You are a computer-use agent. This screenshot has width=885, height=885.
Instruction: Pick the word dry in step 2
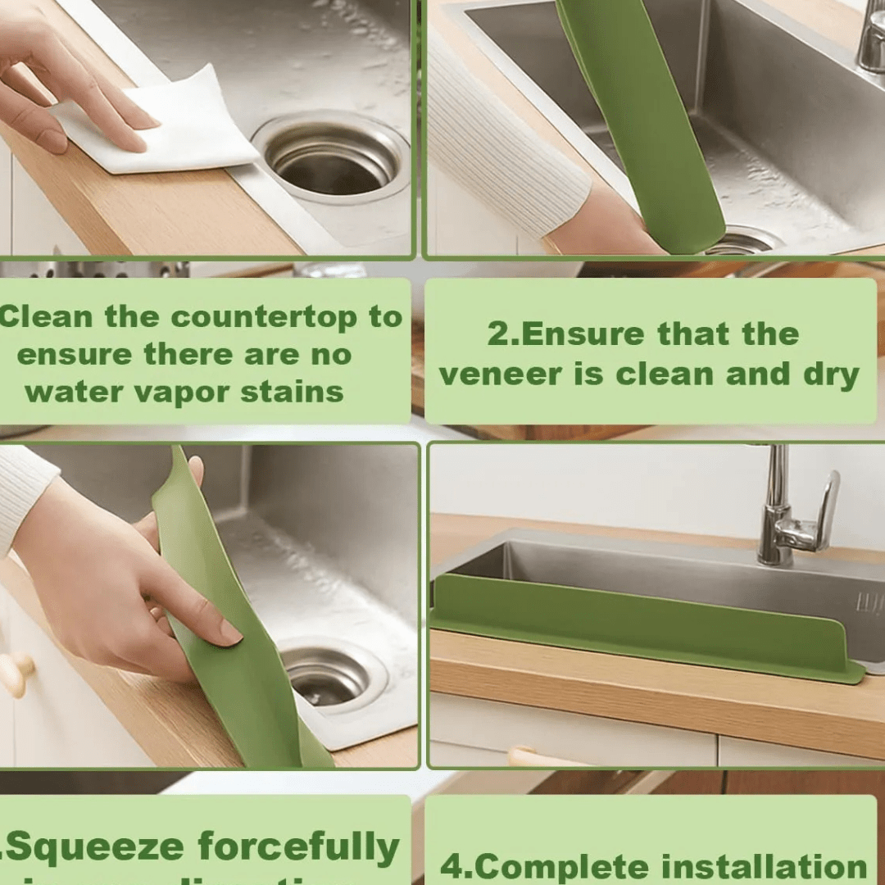[828, 374]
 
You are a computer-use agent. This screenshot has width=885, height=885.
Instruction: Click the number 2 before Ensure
[497, 334]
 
